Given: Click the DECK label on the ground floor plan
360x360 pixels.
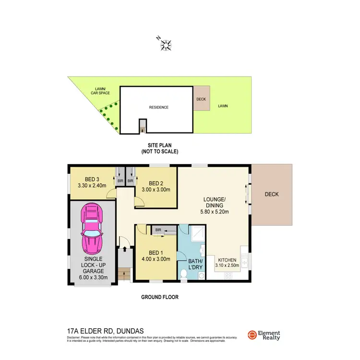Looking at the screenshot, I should [x=272, y=194].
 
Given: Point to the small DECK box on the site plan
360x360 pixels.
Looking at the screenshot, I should [x=202, y=98].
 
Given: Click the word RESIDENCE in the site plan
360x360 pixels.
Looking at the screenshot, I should [x=158, y=108].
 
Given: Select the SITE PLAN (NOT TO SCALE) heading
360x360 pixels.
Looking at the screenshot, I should [x=159, y=148].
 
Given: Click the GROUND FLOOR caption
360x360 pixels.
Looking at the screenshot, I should [x=159, y=297].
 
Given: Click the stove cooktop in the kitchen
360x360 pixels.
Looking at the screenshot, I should [x=228, y=276].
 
